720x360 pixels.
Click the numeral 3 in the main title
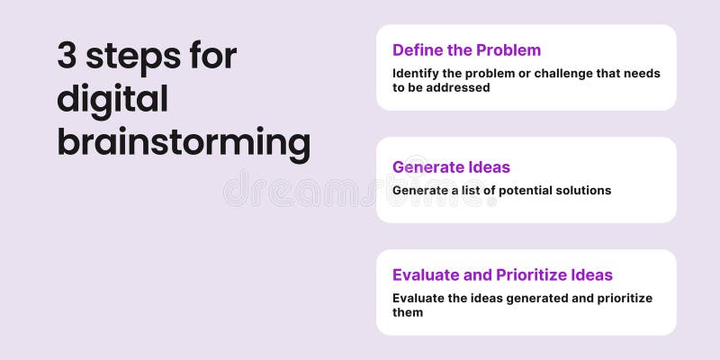(67, 56)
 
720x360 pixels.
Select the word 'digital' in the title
(112, 100)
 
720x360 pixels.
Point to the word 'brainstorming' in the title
(184, 143)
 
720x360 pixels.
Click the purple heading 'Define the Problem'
(466, 50)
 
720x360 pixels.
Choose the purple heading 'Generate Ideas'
(451, 166)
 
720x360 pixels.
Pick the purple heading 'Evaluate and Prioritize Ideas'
(502, 274)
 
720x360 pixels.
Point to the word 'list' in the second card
(469, 190)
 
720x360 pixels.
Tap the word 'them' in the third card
(408, 312)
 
